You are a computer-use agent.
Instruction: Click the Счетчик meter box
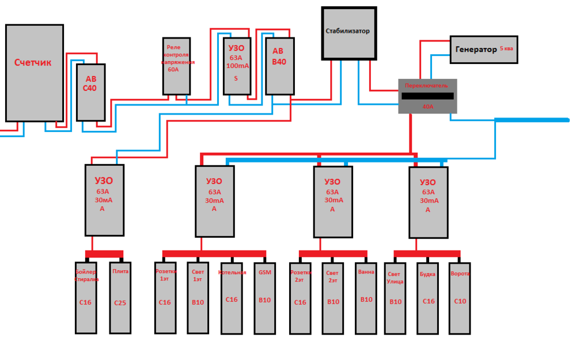coord(34,73)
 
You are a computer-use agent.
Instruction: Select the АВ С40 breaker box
coord(91,92)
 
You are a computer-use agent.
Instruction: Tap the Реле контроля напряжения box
coord(176,66)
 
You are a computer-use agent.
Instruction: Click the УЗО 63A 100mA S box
coord(237,66)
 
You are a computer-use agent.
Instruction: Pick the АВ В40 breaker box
coord(279,66)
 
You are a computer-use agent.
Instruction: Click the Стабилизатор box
coord(348,33)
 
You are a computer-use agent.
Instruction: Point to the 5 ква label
coord(507,49)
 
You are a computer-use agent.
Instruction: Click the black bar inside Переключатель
coord(427,96)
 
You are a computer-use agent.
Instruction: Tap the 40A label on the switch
coord(427,107)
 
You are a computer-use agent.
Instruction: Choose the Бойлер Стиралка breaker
coord(86,298)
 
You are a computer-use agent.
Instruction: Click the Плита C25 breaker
coord(120,298)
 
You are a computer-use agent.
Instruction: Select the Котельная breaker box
coord(231,298)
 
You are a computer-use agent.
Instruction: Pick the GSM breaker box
coord(264,298)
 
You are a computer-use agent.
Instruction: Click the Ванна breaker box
coord(366,298)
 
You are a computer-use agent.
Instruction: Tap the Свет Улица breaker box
coord(395,298)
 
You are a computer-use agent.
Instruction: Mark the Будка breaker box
coord(428,298)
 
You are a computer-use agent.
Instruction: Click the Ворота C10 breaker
coord(460,298)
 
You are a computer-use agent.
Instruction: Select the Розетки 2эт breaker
coord(300,298)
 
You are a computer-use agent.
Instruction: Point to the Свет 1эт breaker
coord(198,298)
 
